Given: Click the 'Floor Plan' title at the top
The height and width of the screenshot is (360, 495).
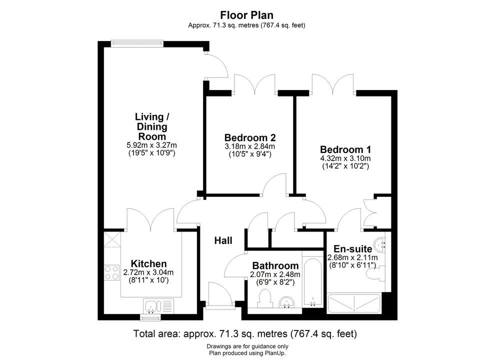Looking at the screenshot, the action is (246, 15).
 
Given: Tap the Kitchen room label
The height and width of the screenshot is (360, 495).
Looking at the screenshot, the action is (148, 263).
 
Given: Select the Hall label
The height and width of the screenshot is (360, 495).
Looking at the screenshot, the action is (223, 240).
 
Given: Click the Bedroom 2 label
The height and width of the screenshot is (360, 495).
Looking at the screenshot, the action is (250, 137).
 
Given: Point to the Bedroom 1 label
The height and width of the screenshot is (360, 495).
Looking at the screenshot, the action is (345, 149).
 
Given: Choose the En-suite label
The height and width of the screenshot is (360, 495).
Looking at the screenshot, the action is (353, 248).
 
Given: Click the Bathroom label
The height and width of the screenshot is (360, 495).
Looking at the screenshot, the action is (275, 265).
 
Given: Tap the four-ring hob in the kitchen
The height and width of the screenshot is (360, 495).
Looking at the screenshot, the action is (112, 272).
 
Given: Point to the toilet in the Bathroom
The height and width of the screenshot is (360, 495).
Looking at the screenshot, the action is (265, 298).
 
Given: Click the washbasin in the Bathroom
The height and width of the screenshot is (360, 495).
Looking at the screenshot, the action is (287, 302).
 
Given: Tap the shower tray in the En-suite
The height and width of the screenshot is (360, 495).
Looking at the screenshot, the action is (354, 303).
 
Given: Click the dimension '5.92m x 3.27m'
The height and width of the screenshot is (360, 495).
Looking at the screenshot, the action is (151, 145).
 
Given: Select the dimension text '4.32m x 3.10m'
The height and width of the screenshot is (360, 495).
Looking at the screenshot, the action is (345, 158).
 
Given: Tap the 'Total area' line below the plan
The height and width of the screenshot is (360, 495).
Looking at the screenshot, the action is (245, 333).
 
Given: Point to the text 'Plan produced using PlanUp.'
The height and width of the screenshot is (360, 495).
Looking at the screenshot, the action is (247, 353).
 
